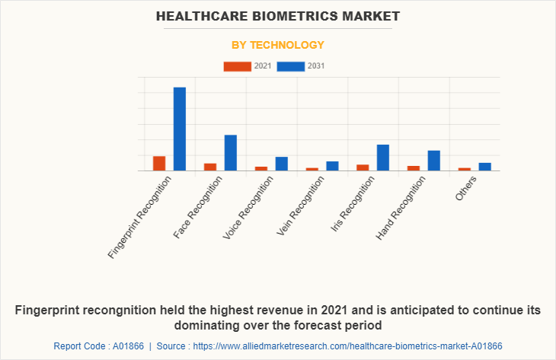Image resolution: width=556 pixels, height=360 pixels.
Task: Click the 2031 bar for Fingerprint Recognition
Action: pos(180,129)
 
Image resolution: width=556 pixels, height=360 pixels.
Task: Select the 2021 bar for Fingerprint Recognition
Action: pos(159,164)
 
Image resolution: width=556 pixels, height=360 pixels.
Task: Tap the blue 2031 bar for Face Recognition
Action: pos(231,152)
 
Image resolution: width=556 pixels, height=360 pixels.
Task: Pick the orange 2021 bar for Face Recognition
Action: pos(210,167)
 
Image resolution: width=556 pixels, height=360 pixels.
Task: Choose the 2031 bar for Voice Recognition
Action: pos(281,164)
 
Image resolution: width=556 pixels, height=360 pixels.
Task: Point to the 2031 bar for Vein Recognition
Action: pos(332,166)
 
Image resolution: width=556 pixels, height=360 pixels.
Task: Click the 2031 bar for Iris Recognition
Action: pos(383,158)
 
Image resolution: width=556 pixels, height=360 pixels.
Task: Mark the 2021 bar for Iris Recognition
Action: pos(363,167)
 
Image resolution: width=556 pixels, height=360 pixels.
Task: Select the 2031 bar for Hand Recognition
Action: pos(434,161)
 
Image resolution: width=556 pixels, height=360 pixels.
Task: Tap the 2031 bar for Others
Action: pos(484,167)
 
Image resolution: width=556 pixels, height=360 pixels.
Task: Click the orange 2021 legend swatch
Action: pos(237,66)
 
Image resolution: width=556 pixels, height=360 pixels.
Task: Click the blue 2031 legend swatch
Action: pos(291,66)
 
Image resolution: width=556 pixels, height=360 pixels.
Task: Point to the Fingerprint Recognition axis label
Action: pos(141,216)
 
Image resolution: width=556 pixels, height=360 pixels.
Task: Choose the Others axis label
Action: pos(466,188)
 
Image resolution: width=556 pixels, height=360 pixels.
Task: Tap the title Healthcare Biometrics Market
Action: pos(278,16)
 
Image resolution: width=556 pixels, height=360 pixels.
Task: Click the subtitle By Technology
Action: pos(278,45)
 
